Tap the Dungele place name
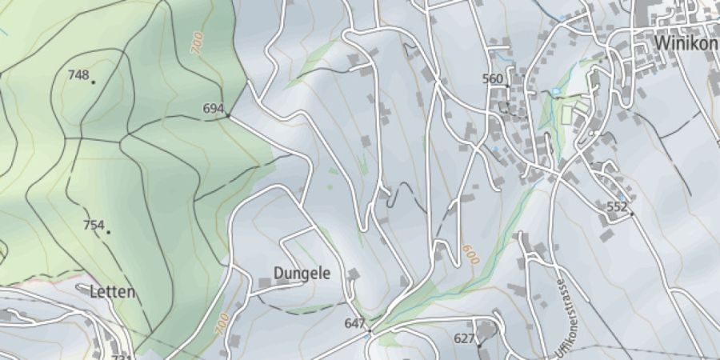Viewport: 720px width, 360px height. point(302,274)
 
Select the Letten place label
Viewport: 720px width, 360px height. point(113,292)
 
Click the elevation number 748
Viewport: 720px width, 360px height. point(78,75)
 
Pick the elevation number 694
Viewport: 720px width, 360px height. point(213,109)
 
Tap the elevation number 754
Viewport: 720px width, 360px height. point(94,225)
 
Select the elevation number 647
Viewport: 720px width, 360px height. point(354,323)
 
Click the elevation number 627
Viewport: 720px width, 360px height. point(465,338)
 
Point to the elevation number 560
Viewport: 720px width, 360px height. point(493,78)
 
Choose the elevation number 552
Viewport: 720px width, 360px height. point(617,206)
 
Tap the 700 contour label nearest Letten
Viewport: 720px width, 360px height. point(221,324)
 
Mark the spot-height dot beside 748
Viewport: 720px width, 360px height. point(93,82)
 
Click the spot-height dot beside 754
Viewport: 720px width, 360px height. point(108,232)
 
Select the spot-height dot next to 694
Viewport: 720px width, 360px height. point(228,115)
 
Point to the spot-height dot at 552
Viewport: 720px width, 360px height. point(631,214)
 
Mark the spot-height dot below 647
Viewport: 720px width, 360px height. point(370,330)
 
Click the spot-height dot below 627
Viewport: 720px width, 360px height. point(479,346)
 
